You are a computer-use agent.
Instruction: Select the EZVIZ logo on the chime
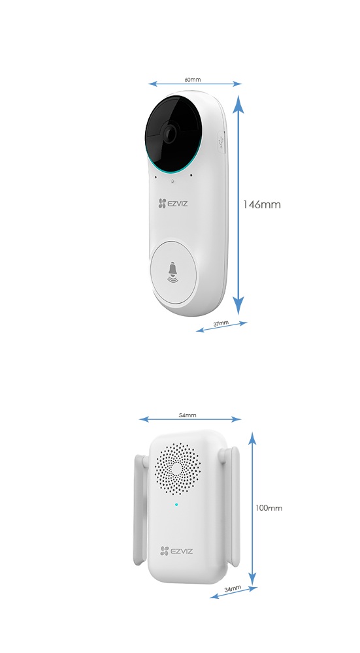(x=173, y=552)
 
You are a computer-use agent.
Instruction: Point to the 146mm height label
(x=261, y=204)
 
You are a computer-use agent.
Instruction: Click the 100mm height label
(x=269, y=507)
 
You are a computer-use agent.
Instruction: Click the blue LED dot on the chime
(x=176, y=504)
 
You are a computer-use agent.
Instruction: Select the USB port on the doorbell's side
(x=221, y=140)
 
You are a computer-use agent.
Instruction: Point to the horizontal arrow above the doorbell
(x=194, y=83)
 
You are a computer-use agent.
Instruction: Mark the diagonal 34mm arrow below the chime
(x=231, y=592)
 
